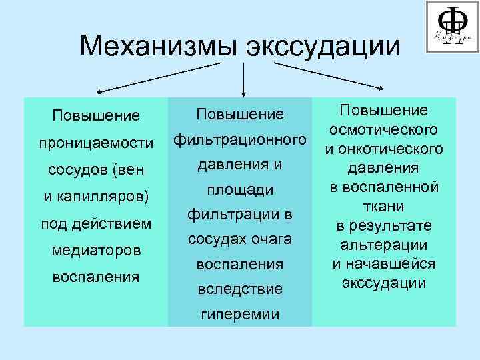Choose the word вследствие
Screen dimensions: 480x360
239,289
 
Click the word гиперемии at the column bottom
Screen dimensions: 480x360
240,315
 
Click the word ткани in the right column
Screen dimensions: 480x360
383,206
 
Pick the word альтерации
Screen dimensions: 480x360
383,245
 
